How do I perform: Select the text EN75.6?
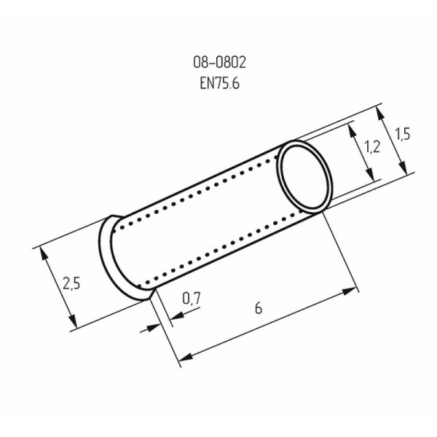[219, 84]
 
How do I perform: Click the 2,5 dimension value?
[71, 283]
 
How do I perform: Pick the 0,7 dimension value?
[191, 297]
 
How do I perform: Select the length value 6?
[258, 308]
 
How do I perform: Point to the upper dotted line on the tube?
[204, 186]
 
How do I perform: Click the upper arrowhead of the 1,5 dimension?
[381, 111]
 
